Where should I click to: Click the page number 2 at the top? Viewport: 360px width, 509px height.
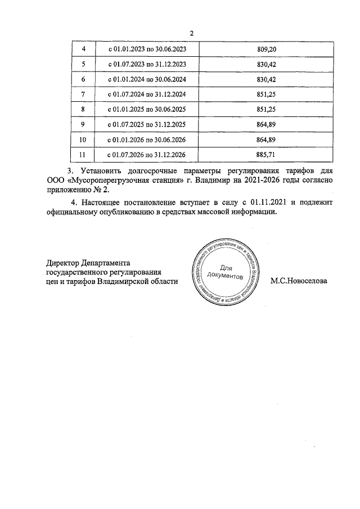(x=191, y=33)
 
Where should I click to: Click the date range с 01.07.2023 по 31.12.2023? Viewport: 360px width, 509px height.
(x=147, y=65)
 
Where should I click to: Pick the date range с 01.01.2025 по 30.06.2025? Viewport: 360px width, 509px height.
(x=147, y=109)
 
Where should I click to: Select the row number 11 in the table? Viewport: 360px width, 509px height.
(x=83, y=154)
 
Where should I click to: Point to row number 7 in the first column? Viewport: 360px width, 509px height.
(x=83, y=94)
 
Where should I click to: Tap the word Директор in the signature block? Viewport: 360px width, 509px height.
(x=62, y=262)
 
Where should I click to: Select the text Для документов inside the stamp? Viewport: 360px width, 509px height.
(x=224, y=272)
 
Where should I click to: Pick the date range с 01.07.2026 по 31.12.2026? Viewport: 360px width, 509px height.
(x=147, y=154)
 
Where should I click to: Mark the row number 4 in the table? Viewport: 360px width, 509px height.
(x=83, y=49)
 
